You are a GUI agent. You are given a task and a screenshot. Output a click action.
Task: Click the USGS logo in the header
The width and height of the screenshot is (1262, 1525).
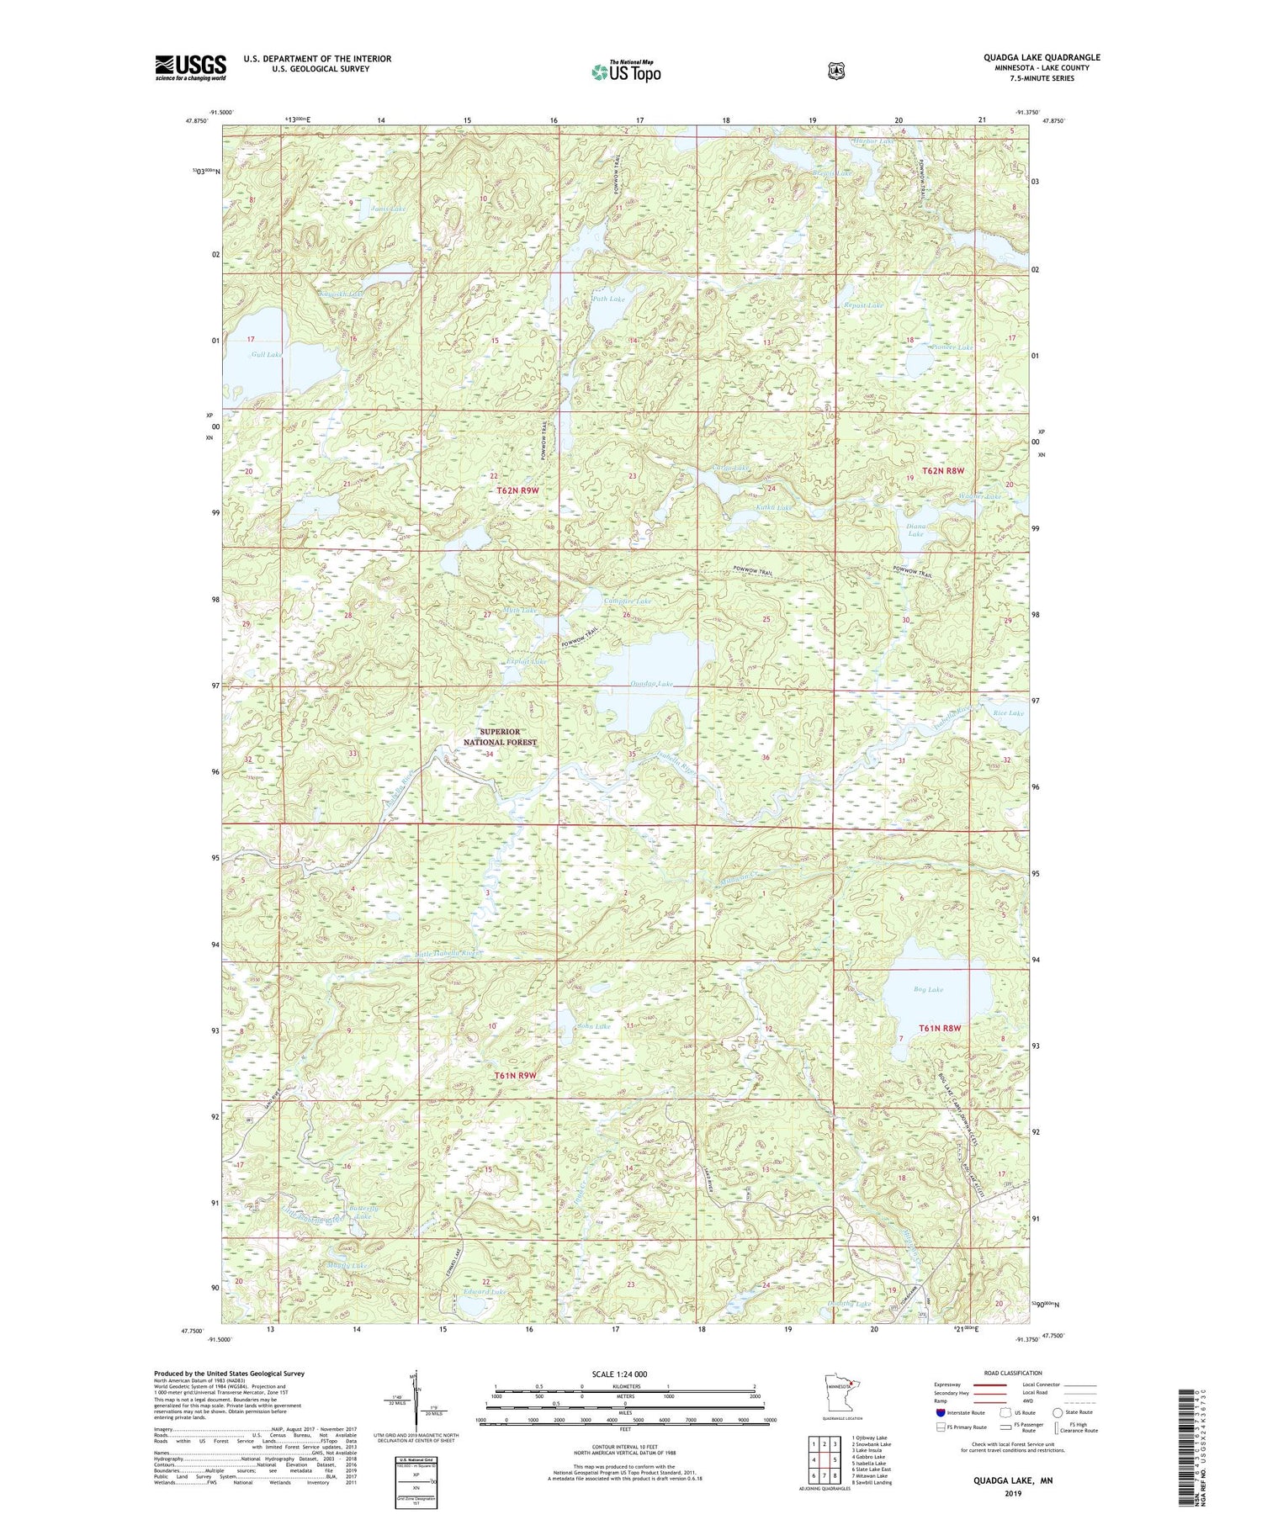click(x=190, y=67)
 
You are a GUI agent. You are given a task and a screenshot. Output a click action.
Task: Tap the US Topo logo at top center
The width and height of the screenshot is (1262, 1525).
click(x=626, y=71)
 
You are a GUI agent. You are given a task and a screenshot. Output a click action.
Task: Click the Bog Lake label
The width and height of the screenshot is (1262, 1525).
click(x=929, y=990)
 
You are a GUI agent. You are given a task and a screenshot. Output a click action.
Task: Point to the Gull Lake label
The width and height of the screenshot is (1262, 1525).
click(x=267, y=355)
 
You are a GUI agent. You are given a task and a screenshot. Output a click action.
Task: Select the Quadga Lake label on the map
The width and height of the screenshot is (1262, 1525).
click(x=652, y=685)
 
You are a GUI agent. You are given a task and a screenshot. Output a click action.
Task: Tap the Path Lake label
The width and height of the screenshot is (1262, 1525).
click(x=609, y=299)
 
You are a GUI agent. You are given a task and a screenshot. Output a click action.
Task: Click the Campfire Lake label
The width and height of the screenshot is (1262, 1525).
click(x=628, y=601)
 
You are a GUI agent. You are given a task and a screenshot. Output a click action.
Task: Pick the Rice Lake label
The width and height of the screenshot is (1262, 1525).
click(x=1009, y=713)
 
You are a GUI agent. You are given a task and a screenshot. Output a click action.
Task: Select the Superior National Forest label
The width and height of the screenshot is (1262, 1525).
click(x=500, y=737)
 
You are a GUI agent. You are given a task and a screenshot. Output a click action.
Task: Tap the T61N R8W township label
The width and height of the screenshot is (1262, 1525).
click(x=940, y=1028)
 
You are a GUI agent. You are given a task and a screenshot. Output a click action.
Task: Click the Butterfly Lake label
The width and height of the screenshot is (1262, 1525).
click(x=361, y=1212)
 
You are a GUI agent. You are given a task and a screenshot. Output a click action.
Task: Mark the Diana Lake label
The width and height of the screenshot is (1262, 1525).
click(x=915, y=529)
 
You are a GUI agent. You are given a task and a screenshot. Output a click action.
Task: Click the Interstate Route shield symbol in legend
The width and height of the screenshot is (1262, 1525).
click(x=941, y=1412)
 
